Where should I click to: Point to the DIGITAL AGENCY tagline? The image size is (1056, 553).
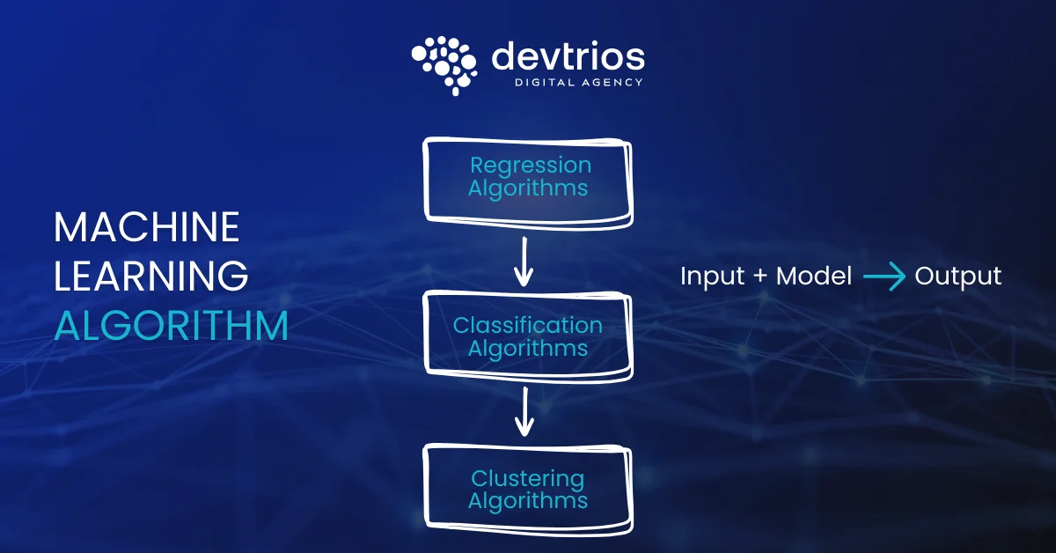(578, 83)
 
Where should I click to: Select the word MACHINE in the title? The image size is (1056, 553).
(147, 228)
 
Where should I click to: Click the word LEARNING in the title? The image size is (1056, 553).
(151, 277)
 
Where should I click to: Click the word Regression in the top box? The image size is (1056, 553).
(530, 165)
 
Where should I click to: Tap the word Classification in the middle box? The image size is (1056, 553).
(528, 325)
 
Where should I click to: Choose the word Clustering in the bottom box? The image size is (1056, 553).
(527, 478)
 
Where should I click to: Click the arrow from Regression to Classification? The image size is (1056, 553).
(524, 262)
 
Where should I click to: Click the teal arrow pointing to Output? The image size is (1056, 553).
(884, 276)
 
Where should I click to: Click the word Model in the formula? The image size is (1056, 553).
(813, 276)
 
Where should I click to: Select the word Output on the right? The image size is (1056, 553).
(958, 276)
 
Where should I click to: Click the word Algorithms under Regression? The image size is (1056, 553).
(528, 188)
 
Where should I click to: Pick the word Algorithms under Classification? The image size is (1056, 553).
(528, 349)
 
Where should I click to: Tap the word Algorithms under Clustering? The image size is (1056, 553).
(528, 501)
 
